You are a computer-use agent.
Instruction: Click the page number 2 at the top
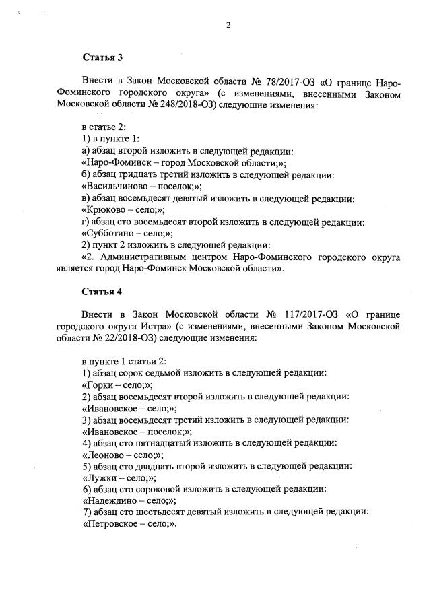[x=228, y=26]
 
